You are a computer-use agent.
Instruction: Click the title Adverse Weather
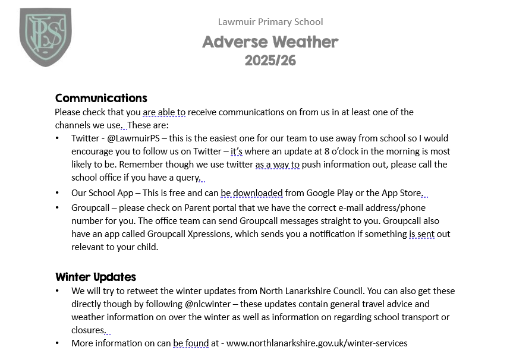[270, 42]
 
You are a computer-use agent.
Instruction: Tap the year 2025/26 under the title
[270, 61]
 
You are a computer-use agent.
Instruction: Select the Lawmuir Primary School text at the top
[270, 22]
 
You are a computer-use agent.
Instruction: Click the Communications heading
[100, 98]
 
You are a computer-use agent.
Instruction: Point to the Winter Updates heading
[95, 277]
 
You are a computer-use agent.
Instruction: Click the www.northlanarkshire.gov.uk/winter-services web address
[317, 343]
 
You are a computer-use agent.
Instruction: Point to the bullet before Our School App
[57, 193]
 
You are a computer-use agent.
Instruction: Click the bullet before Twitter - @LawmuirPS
[57, 138]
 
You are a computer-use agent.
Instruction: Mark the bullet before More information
[57, 343]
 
